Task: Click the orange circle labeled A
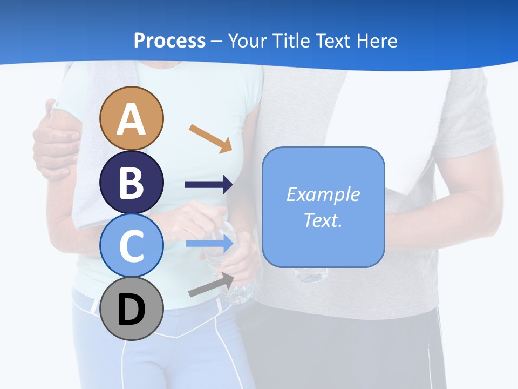[132, 118]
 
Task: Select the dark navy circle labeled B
[132, 182]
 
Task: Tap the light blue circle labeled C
[132, 245]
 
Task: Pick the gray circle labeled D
[132, 309]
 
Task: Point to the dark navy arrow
[209, 185]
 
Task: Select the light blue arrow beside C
[209, 244]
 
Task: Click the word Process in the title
[169, 41]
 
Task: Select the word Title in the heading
[289, 41]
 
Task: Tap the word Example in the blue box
[323, 194]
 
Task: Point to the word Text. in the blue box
[323, 220]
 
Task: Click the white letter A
[132, 119]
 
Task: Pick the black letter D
[132, 310]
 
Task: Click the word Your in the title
[248, 41]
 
